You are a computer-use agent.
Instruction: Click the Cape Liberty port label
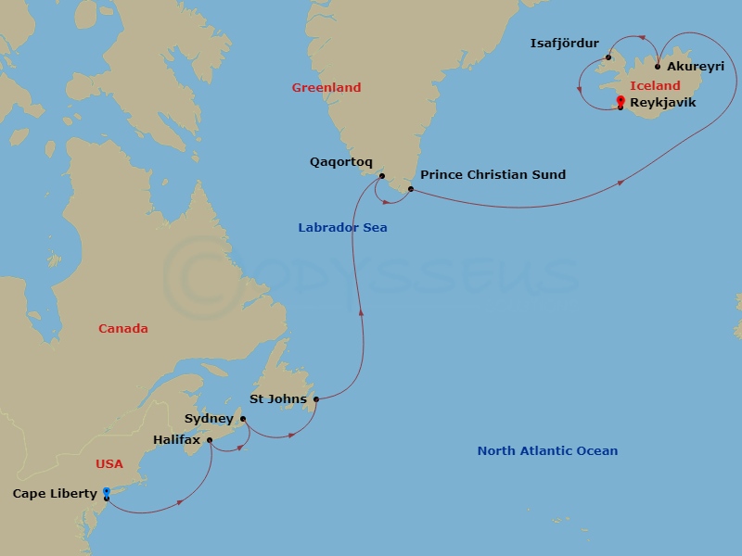click(55, 494)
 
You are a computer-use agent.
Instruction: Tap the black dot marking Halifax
click(210, 440)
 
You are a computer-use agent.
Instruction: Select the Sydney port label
click(209, 419)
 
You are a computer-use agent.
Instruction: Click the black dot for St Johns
click(316, 399)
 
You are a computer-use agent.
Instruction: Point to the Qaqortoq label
click(341, 161)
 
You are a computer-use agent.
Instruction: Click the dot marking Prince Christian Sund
click(410, 189)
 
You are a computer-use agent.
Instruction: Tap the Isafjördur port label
click(564, 43)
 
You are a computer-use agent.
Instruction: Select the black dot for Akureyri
click(658, 67)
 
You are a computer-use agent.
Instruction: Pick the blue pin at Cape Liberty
click(106, 492)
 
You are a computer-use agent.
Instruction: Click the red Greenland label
click(326, 88)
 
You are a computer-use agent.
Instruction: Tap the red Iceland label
click(655, 86)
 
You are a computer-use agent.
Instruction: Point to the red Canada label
click(123, 329)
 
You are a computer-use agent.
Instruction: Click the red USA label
click(109, 463)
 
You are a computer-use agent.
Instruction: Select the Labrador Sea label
click(342, 228)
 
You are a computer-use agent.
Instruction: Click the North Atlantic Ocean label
click(547, 451)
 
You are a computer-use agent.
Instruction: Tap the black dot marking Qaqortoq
click(381, 175)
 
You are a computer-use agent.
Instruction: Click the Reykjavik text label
click(662, 103)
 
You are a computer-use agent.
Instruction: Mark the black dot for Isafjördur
click(608, 57)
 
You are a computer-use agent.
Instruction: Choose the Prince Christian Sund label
click(493, 174)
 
